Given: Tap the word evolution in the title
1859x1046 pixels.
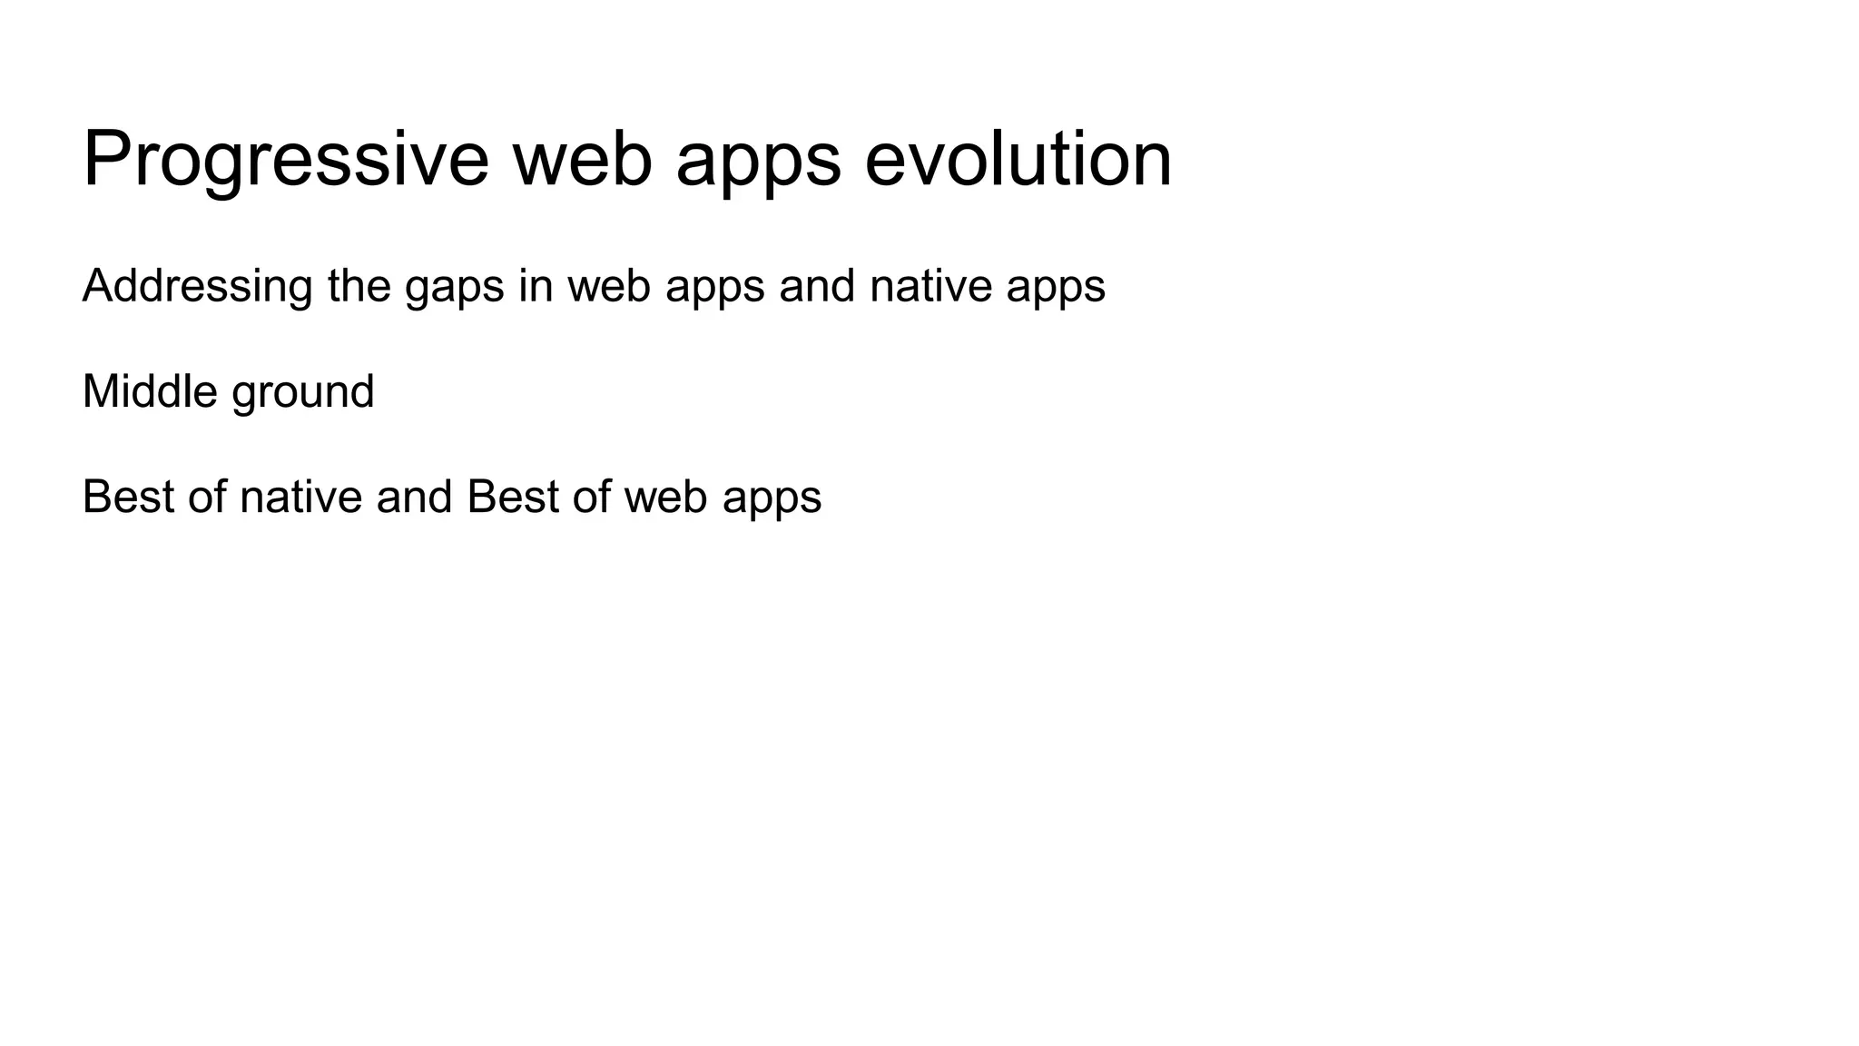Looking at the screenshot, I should coord(1018,159).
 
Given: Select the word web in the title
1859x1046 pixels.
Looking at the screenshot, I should coord(582,159).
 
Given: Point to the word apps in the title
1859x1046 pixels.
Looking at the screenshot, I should coord(758,159).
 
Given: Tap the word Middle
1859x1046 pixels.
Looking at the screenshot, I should coord(150,391).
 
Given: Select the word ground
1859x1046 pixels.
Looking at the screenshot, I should coord(303,391).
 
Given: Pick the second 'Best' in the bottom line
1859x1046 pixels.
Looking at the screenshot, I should coord(513,497).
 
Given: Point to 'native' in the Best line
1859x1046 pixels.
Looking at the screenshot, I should coord(300,497).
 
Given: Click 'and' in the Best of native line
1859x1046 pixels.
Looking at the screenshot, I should coord(414,497).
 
